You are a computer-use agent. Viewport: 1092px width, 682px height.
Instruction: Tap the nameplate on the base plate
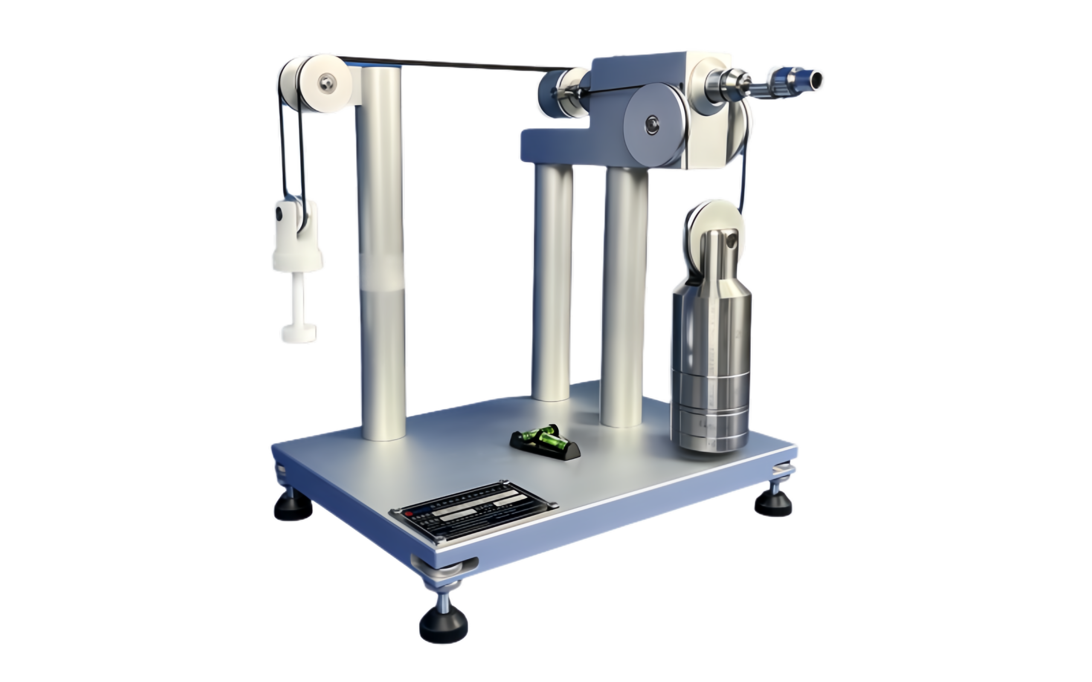click(473, 513)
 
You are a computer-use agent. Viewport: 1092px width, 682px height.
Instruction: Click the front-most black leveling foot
click(443, 623)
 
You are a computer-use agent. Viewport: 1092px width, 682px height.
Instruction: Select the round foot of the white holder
click(299, 333)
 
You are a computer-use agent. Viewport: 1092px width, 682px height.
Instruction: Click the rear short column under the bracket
click(553, 280)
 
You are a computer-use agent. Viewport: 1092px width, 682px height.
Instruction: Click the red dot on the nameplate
click(409, 513)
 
